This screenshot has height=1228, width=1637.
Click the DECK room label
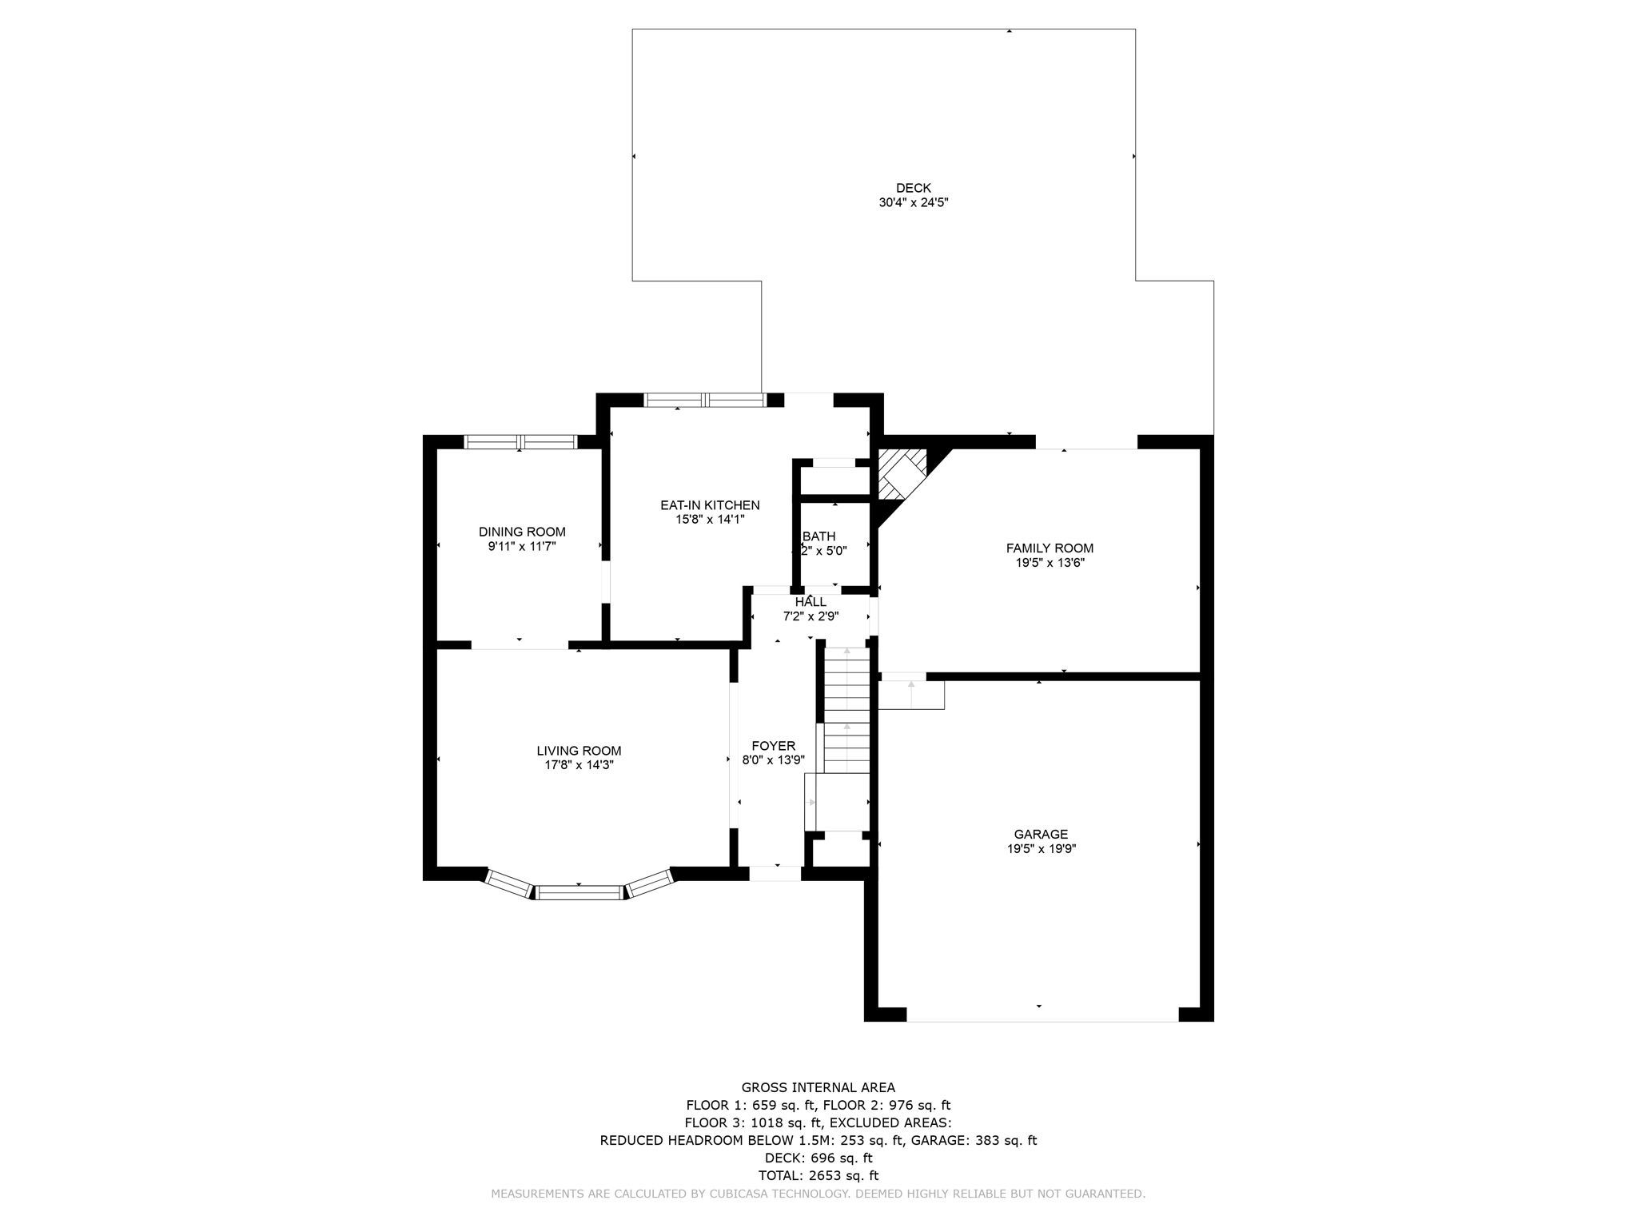tap(913, 189)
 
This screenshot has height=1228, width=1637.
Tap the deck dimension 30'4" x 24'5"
tap(913, 203)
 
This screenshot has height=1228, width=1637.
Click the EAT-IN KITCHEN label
tap(709, 505)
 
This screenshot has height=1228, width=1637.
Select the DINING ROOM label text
tap(522, 532)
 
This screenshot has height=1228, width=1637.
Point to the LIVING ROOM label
tap(579, 751)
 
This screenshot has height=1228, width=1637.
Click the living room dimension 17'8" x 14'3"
tap(579, 765)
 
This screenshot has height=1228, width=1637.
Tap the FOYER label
tap(773, 746)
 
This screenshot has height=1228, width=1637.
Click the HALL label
tap(811, 602)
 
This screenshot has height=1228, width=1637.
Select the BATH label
tap(819, 536)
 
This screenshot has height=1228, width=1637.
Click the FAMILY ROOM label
tap(1049, 548)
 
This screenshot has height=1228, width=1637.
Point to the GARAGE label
tap(1041, 835)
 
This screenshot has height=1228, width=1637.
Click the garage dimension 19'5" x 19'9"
tap(1041, 849)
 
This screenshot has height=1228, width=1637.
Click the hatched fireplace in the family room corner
tap(901, 473)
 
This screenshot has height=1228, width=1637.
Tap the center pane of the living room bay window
tap(579, 892)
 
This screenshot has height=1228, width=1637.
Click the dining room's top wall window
tap(520, 442)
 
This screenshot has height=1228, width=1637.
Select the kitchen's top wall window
tap(704, 400)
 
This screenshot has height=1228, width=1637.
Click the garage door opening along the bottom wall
tap(1042, 1014)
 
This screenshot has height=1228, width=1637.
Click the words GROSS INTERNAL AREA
tap(818, 1087)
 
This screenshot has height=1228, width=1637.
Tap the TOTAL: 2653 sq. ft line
tap(818, 1175)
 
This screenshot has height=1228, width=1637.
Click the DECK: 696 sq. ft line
tap(818, 1158)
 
